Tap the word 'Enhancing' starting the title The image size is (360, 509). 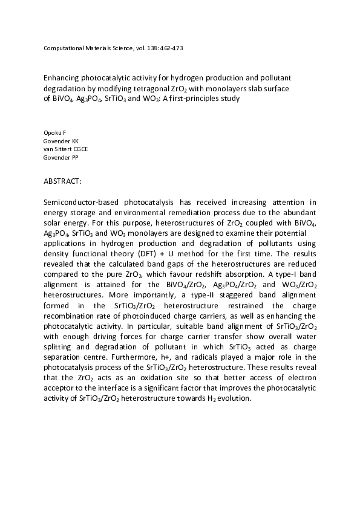click(x=61, y=78)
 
